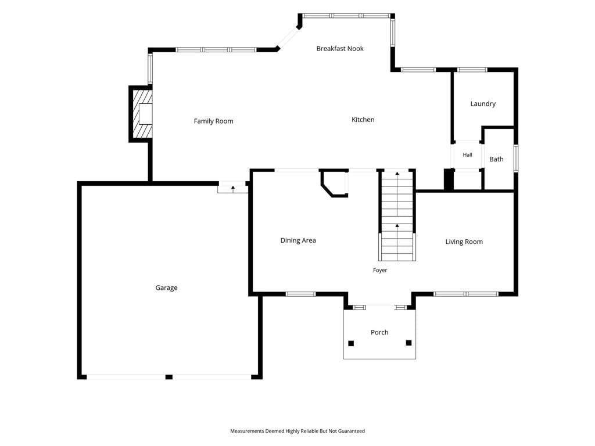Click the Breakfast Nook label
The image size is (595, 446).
coord(339,49)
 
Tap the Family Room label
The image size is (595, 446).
coord(213,121)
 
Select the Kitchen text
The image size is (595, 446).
coord(363,120)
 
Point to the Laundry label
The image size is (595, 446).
coord(483,104)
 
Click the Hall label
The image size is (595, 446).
coord(467,154)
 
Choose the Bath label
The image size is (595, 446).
coord(496,159)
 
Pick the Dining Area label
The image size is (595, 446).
coord(298,240)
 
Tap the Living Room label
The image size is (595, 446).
coord(464,242)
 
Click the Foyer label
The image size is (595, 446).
coord(380,271)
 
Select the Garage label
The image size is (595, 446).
coord(166,288)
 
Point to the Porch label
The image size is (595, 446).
coord(379,332)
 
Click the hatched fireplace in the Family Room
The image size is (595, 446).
coord(141,114)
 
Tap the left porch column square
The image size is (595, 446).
coord(351,344)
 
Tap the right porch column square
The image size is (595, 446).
coord(408,343)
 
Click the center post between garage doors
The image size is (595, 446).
coord(169,377)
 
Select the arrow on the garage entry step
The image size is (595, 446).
coord(233,188)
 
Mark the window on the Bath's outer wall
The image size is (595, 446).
coord(516,158)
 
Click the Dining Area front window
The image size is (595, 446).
coord(300,294)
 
